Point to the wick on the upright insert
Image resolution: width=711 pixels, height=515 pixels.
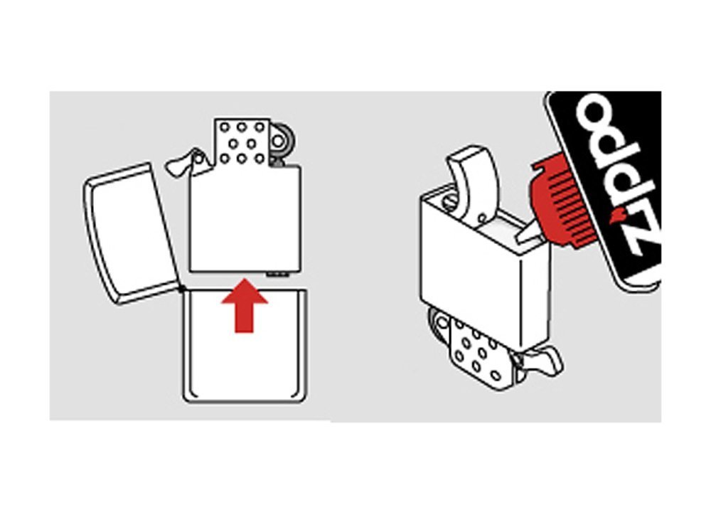183,161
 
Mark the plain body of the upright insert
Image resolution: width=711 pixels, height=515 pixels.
245,218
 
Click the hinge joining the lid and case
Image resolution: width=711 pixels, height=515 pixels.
183,289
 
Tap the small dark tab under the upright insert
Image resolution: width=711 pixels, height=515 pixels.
277,274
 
